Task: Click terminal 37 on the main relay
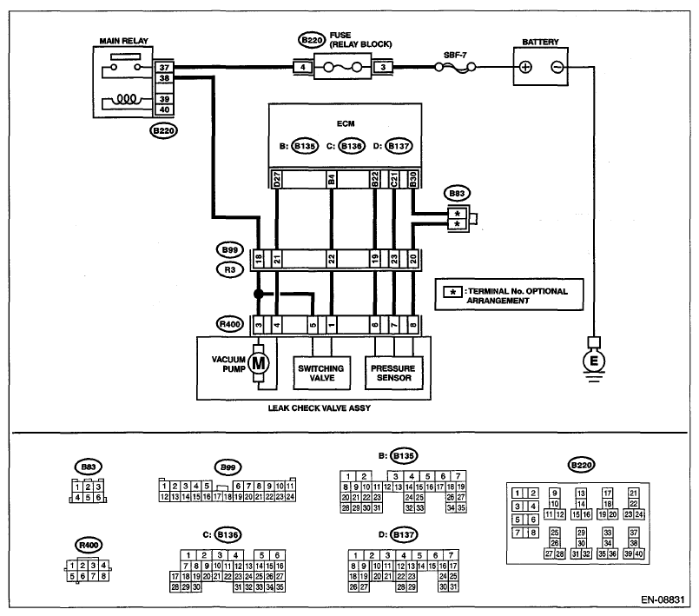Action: click(x=164, y=68)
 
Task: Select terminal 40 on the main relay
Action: click(x=164, y=109)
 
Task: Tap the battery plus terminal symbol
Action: click(x=526, y=68)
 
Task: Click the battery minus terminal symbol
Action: click(x=557, y=68)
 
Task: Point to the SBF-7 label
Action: click(x=455, y=56)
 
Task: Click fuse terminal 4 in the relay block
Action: click(x=303, y=68)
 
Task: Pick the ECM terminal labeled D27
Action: click(x=276, y=179)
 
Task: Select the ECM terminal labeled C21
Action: click(x=394, y=179)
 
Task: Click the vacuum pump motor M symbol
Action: click(x=259, y=363)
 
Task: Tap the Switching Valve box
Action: click(x=321, y=373)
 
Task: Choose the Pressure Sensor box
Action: click(x=393, y=373)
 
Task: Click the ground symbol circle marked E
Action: click(x=594, y=361)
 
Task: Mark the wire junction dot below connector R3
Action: click(x=258, y=294)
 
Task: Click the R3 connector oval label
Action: click(x=230, y=270)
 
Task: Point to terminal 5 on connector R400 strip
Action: click(x=313, y=325)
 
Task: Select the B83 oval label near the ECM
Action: click(x=457, y=194)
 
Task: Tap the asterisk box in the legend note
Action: click(x=453, y=293)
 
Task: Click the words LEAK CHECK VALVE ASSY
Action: click(x=320, y=408)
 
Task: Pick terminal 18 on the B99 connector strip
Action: click(x=259, y=259)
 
